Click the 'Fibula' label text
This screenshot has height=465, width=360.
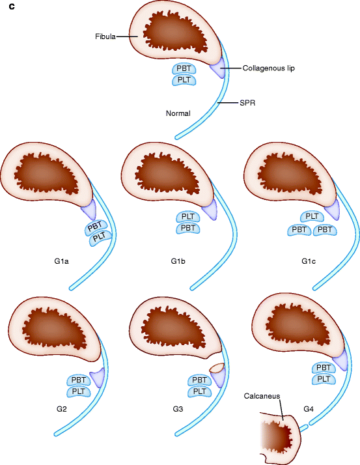click(x=105, y=37)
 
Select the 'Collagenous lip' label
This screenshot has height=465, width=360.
click(x=268, y=68)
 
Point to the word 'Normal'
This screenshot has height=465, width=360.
click(x=178, y=113)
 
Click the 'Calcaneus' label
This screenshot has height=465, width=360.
click(x=262, y=395)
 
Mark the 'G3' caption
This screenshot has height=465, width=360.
click(x=178, y=409)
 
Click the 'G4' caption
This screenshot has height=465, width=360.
click(x=309, y=409)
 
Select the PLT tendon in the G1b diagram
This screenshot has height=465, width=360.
click(x=188, y=217)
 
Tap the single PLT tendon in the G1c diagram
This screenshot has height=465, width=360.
click(x=312, y=216)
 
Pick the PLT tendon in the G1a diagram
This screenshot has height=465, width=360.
click(x=100, y=238)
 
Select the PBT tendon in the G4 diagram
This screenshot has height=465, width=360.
click(x=324, y=368)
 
